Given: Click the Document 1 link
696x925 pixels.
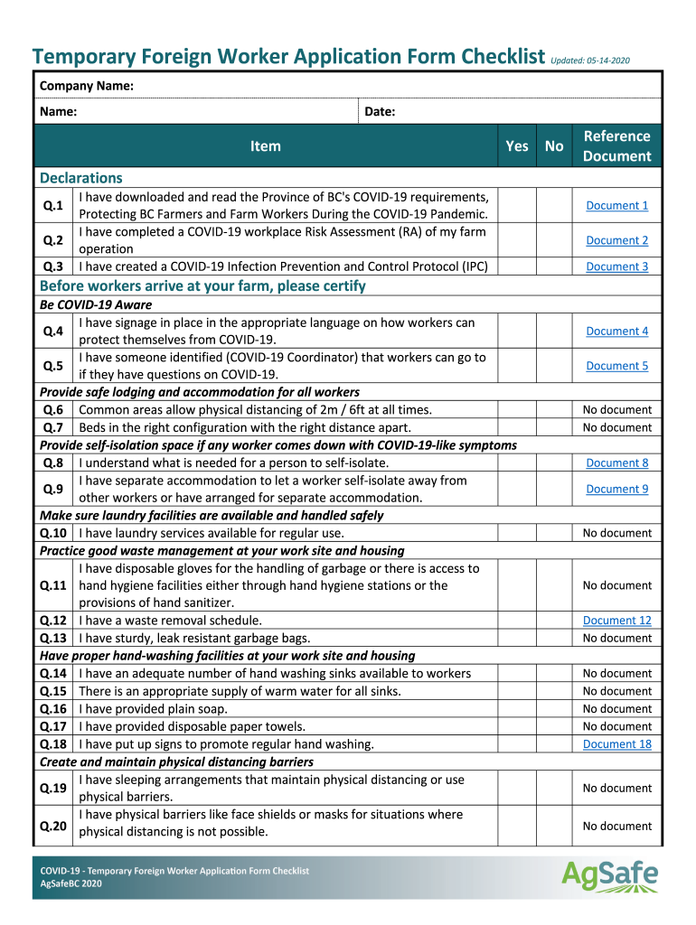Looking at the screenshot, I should (x=616, y=206).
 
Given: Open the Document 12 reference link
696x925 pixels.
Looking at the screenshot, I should (x=616, y=621).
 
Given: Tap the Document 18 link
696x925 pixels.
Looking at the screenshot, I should (x=616, y=744).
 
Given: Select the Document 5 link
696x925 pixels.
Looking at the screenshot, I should (x=616, y=366).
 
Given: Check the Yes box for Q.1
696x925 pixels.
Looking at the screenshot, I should (x=517, y=206).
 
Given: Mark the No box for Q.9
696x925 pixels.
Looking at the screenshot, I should (x=554, y=490).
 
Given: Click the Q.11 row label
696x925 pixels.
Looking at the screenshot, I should (x=53, y=585).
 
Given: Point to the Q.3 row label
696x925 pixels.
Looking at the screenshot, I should (x=53, y=266).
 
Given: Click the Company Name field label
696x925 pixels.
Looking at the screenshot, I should (x=86, y=86).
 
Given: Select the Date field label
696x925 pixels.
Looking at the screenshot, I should (x=380, y=112).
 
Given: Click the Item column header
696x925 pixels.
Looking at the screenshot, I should (x=266, y=146).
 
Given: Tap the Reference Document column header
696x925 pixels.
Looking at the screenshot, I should (x=616, y=146).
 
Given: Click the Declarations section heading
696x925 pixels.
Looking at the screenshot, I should (x=80, y=178).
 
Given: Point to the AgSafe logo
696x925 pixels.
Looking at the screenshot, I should (x=609, y=874).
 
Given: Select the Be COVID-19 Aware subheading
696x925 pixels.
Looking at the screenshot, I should (x=96, y=304).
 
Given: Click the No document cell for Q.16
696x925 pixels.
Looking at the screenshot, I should (x=616, y=709).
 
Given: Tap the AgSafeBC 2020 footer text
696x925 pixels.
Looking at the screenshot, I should (x=71, y=884).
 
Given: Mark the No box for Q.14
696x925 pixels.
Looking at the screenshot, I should (x=554, y=674).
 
